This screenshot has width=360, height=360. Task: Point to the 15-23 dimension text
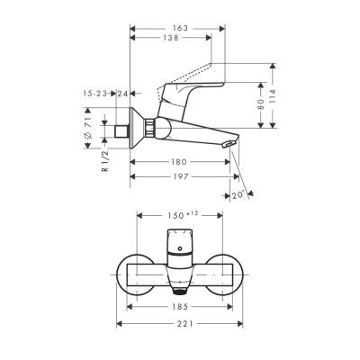click(97, 93)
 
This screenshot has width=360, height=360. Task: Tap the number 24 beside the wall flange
click(122, 93)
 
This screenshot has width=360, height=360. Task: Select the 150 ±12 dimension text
click(184, 214)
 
